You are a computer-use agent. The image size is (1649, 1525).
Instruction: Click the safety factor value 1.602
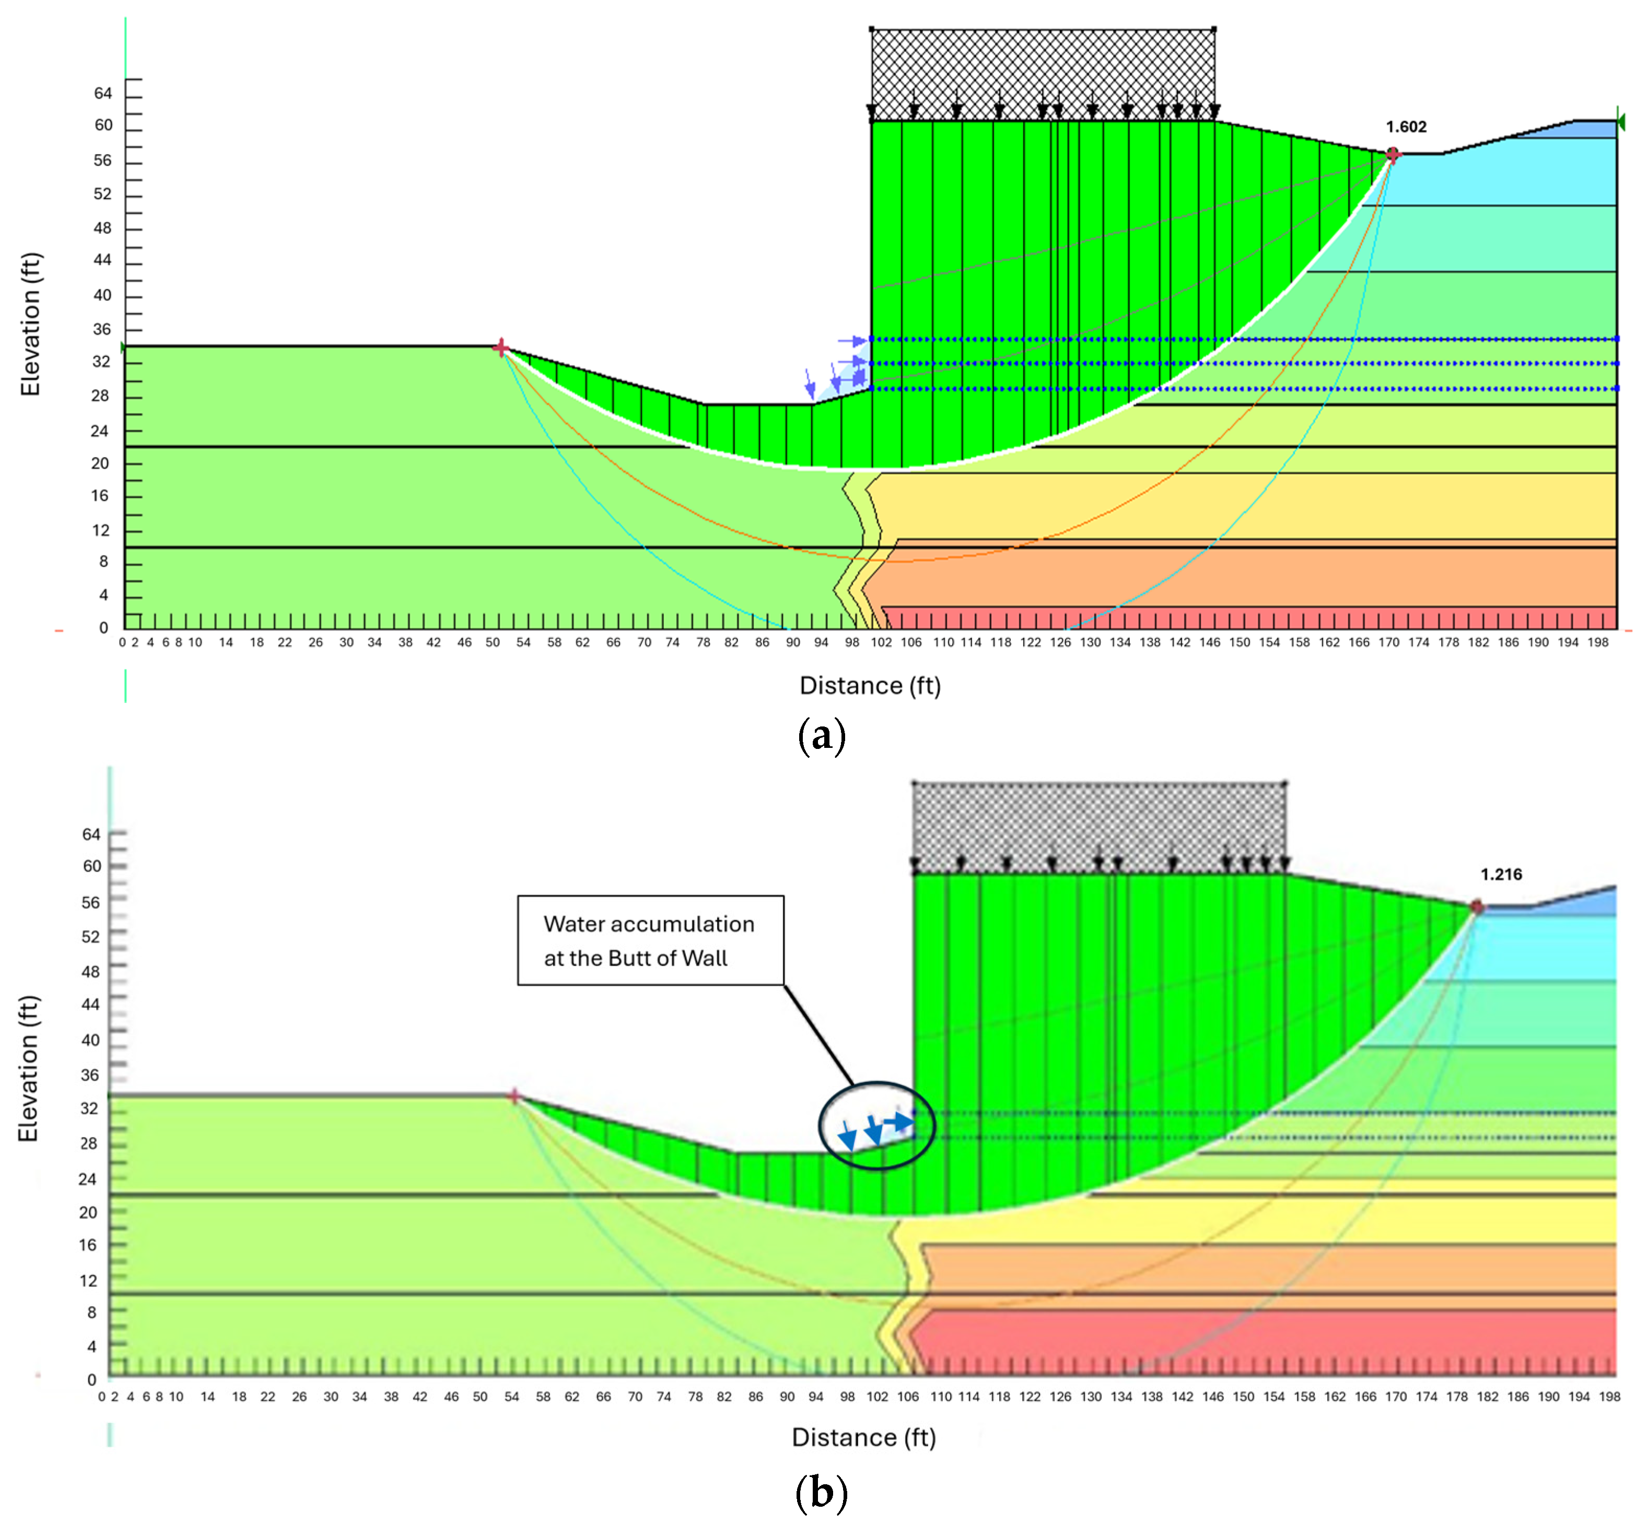click(x=1406, y=126)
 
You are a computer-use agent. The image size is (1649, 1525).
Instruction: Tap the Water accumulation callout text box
click(x=650, y=940)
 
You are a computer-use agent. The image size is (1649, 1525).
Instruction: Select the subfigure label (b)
click(x=822, y=1492)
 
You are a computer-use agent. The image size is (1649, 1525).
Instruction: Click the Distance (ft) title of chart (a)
click(x=870, y=686)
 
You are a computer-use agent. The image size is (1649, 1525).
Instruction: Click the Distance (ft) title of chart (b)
click(x=863, y=1438)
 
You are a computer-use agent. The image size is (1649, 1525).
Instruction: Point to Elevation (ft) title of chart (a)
click(x=30, y=324)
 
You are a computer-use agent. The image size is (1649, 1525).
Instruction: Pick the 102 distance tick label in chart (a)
click(x=882, y=642)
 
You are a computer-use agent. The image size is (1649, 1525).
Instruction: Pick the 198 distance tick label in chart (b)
click(x=1609, y=1397)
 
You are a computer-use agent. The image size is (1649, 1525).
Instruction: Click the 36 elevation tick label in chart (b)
click(x=90, y=1074)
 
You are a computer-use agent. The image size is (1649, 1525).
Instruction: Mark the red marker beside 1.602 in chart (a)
click(x=1393, y=154)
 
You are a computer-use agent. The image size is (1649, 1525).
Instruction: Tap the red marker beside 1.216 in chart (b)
click(x=1477, y=907)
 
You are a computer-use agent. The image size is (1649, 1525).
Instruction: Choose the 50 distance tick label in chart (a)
click(x=492, y=642)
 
